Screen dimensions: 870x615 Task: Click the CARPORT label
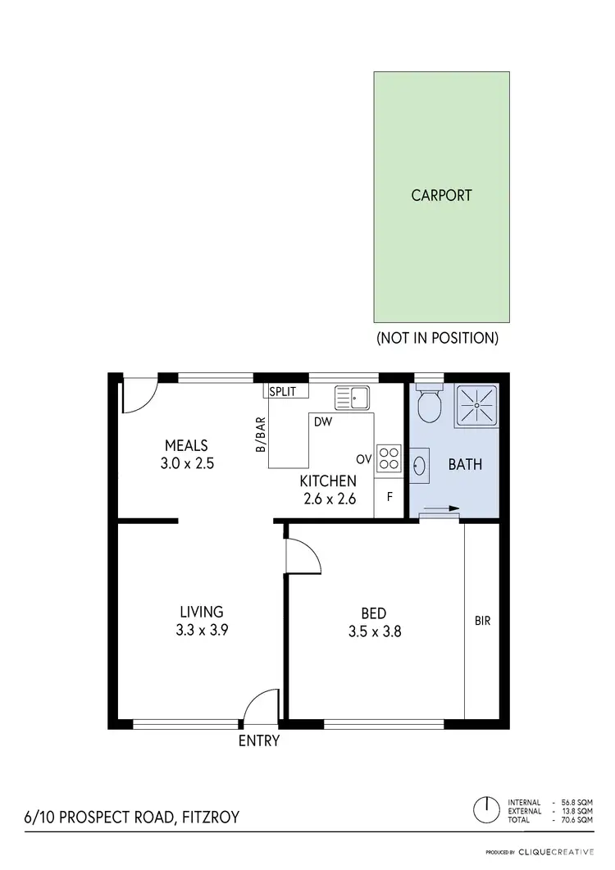(441, 195)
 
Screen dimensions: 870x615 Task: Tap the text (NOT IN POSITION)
(437, 337)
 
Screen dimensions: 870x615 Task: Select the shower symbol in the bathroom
(475, 404)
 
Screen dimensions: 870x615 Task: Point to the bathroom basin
(419, 465)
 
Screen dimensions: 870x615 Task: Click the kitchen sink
(353, 399)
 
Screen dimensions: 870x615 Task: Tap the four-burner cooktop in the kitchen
(388, 458)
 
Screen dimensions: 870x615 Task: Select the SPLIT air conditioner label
(283, 392)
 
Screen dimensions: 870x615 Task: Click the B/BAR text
(261, 435)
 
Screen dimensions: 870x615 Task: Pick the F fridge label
(389, 498)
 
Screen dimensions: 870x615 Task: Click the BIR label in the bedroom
(482, 621)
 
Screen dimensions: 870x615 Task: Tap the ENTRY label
(259, 741)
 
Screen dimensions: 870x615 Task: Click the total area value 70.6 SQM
(579, 819)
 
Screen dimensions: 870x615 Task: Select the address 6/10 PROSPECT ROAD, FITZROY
(133, 818)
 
